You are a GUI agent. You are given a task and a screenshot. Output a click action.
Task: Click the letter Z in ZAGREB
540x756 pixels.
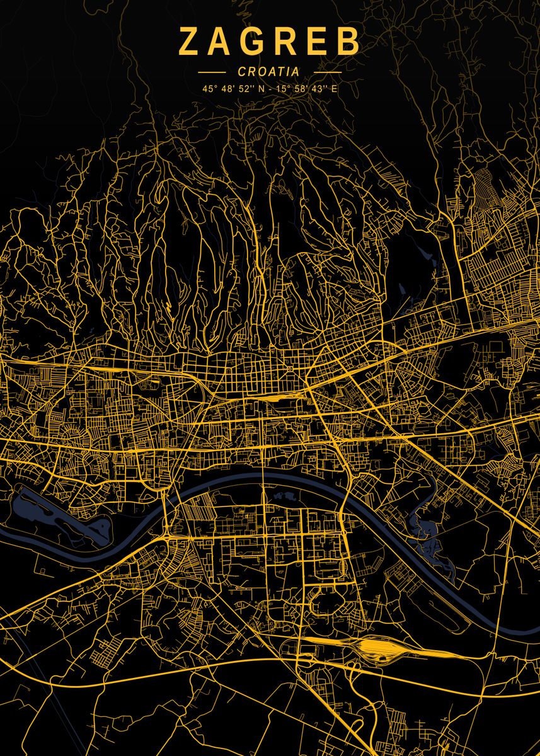pyautogui.click(x=189, y=42)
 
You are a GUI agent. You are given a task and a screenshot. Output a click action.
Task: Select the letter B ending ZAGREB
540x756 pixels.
pyautogui.click(x=348, y=42)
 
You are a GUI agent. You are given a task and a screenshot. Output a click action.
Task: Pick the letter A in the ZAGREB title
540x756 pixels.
pyautogui.click(x=222, y=42)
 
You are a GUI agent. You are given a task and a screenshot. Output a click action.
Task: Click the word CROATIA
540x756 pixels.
pyautogui.click(x=269, y=72)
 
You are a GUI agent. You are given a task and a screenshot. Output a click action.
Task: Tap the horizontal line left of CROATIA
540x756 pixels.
pyautogui.click(x=211, y=72)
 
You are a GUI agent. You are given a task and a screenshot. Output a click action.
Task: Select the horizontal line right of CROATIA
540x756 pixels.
pyautogui.click(x=327, y=72)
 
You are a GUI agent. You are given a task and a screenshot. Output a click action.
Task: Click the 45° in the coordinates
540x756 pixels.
pyautogui.click(x=209, y=89)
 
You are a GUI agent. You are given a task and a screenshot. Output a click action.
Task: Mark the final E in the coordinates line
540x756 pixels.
pyautogui.click(x=335, y=89)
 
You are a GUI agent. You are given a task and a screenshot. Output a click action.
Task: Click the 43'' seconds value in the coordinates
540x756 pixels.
pyautogui.click(x=320, y=89)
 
